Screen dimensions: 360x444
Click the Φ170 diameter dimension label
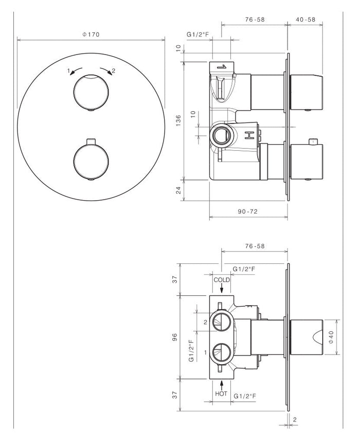pos(91,34)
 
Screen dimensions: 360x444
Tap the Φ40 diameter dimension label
pos(331,338)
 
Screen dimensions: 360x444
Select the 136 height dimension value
pos(178,120)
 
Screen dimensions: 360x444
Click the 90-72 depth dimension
pos(248,211)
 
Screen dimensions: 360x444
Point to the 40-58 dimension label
pos(305,20)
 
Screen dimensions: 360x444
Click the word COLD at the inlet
pos(222,280)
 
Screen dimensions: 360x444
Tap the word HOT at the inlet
pos(221,394)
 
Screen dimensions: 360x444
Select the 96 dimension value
pos(175,337)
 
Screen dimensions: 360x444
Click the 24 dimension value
pos(178,190)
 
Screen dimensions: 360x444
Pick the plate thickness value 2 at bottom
pos(295,419)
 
